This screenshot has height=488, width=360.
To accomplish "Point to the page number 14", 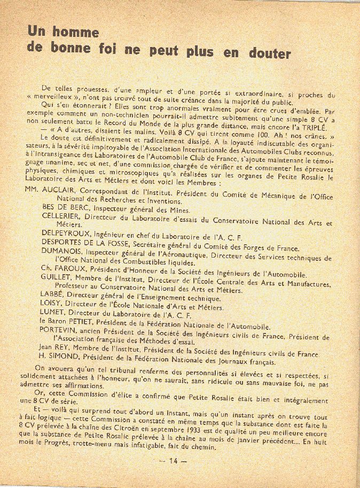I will coord(173,461).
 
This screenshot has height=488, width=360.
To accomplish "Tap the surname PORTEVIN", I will coord(61,330).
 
